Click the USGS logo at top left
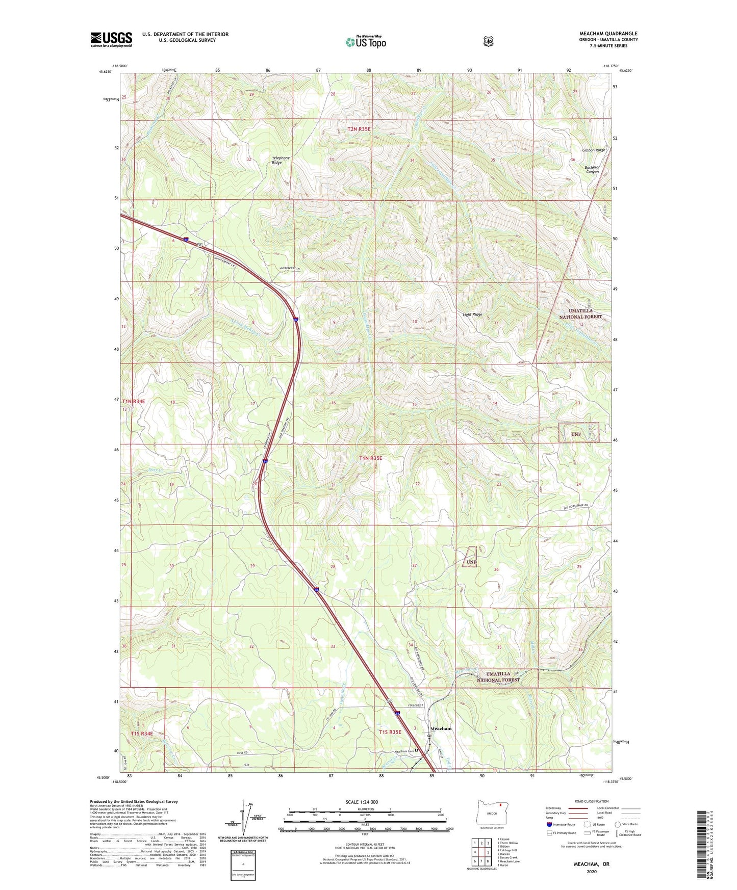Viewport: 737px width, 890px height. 111,39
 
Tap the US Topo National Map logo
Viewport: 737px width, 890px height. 365,42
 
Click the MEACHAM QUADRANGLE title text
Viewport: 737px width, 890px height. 608,34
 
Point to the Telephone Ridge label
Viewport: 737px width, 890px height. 281,160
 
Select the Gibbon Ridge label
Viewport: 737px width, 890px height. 593,150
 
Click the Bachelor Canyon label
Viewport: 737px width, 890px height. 592,169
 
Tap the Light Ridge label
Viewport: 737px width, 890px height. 472,315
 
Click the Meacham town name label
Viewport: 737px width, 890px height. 441,728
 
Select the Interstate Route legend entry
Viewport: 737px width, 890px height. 561,824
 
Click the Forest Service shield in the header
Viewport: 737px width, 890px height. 488,41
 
